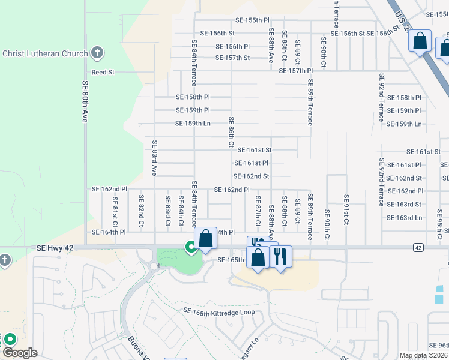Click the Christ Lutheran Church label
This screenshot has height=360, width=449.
pos(46,53)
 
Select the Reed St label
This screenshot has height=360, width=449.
pos(103,72)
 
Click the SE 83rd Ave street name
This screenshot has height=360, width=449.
pos(154,158)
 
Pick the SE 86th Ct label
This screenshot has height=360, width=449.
pos(231,133)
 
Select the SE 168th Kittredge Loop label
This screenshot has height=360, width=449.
pos(220,313)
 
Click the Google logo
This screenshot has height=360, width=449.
pos(19,353)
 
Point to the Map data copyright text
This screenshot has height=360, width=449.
pos(424,355)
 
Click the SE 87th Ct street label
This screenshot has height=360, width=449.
pos(258,211)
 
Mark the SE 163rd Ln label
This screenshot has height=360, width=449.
pos(404,217)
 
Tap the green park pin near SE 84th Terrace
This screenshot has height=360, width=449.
pos(191,246)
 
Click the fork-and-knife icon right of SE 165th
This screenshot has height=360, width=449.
pos(280,256)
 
